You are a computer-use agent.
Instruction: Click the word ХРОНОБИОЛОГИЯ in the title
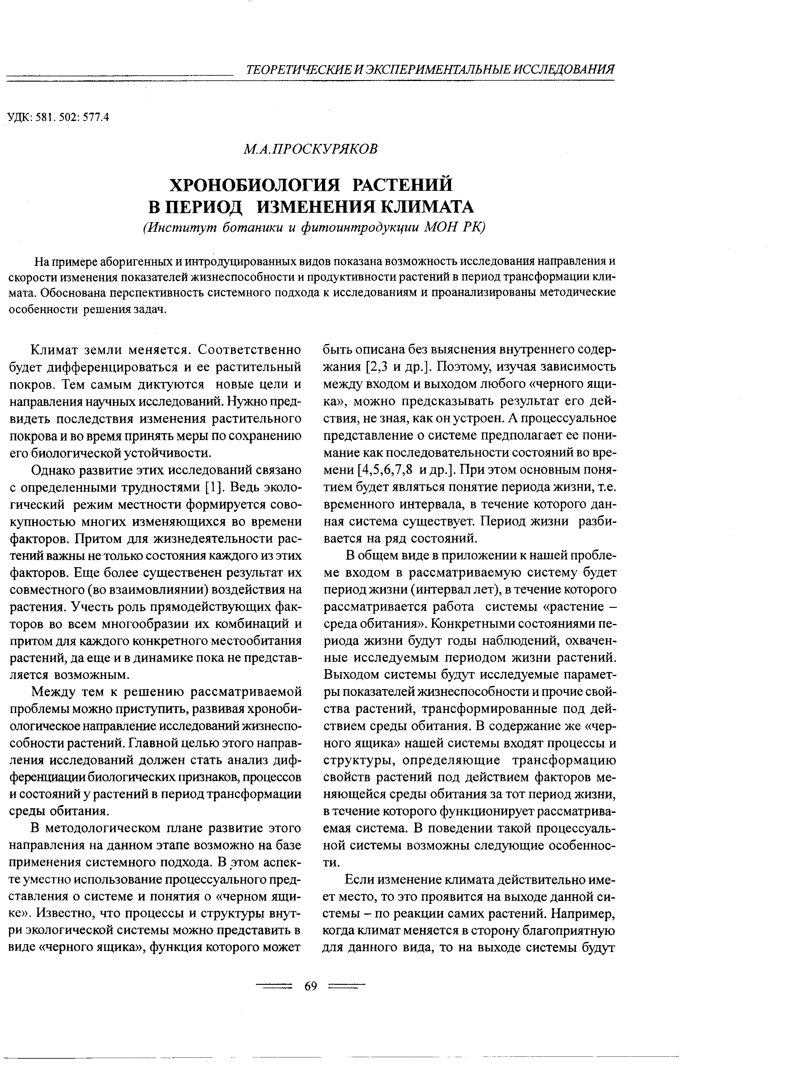pyautogui.click(x=255, y=185)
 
